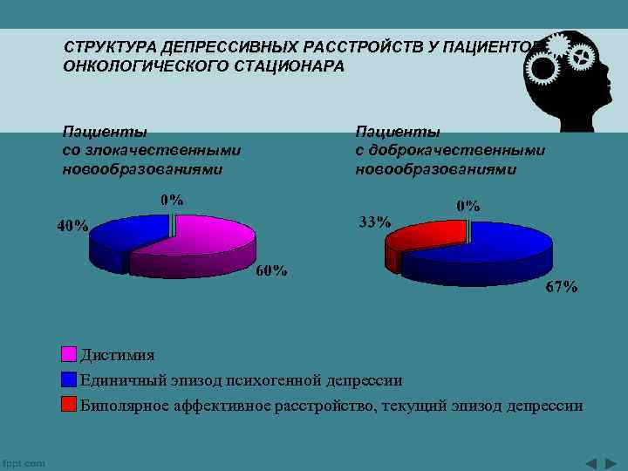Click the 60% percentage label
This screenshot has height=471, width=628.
coord(271,270)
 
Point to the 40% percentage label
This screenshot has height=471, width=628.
coord(72,226)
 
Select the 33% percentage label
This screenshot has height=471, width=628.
coord(375,222)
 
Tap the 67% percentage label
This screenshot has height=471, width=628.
coord(562,287)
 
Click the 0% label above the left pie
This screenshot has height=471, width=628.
coord(172,200)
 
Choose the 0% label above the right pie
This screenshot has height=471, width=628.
coord(468,206)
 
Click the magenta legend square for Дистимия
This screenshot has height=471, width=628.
coord(69,355)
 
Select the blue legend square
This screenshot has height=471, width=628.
coord(69,379)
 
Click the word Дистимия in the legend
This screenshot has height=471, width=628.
coord(117,355)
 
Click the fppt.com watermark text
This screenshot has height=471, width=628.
coord(24,463)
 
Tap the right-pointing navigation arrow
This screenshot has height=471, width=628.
coord(611,461)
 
